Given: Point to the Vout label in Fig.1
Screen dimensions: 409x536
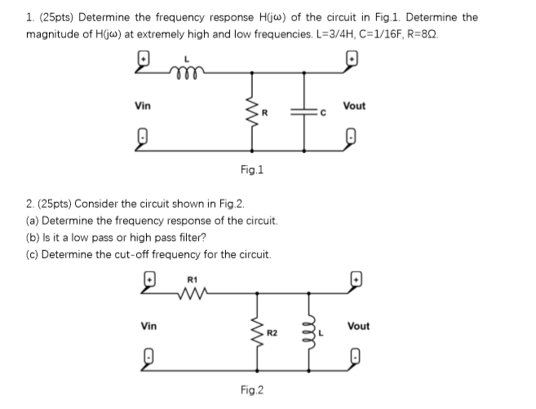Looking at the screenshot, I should [355, 106].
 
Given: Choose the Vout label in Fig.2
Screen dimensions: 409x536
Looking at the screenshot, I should [357, 326].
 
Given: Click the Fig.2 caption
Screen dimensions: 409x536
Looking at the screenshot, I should [252, 390].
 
